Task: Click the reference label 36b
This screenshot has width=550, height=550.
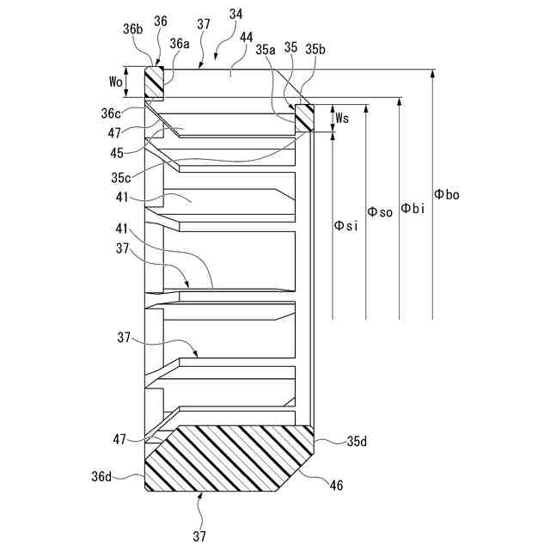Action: [x=132, y=28]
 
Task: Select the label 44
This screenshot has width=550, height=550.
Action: [x=246, y=38]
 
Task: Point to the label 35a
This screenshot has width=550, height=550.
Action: [x=266, y=50]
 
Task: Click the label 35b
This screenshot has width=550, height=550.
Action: [x=315, y=50]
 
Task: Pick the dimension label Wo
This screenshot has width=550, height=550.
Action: [x=115, y=82]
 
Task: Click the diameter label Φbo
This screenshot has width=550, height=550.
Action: [x=447, y=195]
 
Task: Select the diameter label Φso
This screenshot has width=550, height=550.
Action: [x=380, y=211]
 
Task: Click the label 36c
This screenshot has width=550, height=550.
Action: [x=112, y=113]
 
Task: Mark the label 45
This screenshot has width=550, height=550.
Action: [x=116, y=153]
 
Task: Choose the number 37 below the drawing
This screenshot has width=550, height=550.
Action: [x=199, y=536]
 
